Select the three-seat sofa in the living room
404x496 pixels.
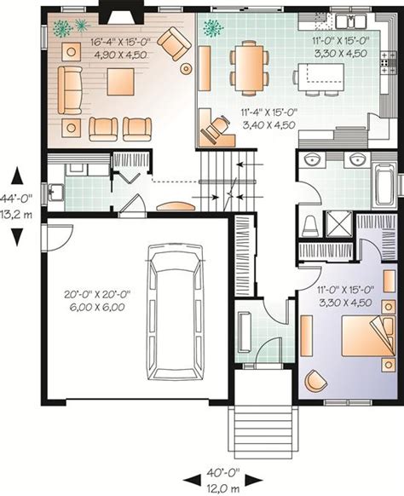[70, 90]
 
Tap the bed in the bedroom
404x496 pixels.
[368, 336]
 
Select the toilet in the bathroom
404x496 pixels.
[310, 226]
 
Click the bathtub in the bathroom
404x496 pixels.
[384, 184]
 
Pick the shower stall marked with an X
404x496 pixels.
[339, 224]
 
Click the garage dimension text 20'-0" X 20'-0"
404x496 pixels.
[97, 295]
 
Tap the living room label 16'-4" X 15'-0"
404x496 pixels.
[120, 42]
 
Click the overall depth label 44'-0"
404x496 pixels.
[16, 199]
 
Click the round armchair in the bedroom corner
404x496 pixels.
[315, 381]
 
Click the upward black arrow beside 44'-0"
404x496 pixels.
[17, 176]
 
